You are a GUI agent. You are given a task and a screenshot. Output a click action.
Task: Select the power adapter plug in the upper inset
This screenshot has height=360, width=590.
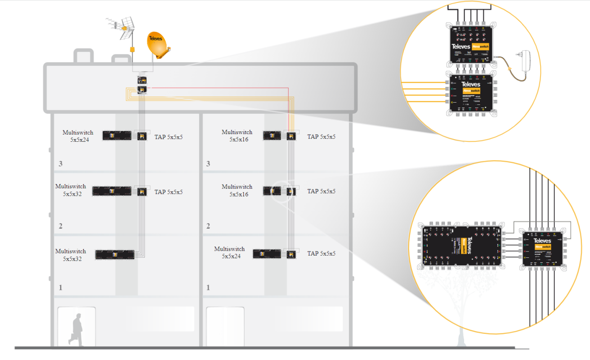point(526,60)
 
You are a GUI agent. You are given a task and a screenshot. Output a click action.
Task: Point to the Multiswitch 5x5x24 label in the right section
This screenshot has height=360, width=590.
point(229,252)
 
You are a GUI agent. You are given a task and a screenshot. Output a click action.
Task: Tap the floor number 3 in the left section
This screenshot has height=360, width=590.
point(60,164)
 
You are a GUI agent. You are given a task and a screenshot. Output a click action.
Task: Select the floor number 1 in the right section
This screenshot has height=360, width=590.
point(208,287)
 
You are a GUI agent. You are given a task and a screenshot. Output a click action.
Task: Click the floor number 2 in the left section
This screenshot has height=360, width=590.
point(60,226)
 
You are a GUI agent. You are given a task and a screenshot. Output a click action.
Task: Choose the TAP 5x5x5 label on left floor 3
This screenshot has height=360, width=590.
point(169,137)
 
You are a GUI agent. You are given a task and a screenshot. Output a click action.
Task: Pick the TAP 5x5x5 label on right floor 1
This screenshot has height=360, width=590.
point(321,254)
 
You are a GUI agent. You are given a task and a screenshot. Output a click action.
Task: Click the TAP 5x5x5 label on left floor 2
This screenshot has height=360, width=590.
point(169,192)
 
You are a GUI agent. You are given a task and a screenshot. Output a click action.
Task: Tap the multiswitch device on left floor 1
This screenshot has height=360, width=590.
point(115,255)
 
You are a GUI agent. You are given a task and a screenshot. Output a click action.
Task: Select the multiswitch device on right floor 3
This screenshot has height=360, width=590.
point(272,135)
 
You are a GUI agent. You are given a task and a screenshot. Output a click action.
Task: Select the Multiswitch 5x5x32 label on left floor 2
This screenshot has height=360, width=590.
point(71,190)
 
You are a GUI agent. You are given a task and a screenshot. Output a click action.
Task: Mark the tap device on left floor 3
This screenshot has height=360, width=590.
point(142,135)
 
